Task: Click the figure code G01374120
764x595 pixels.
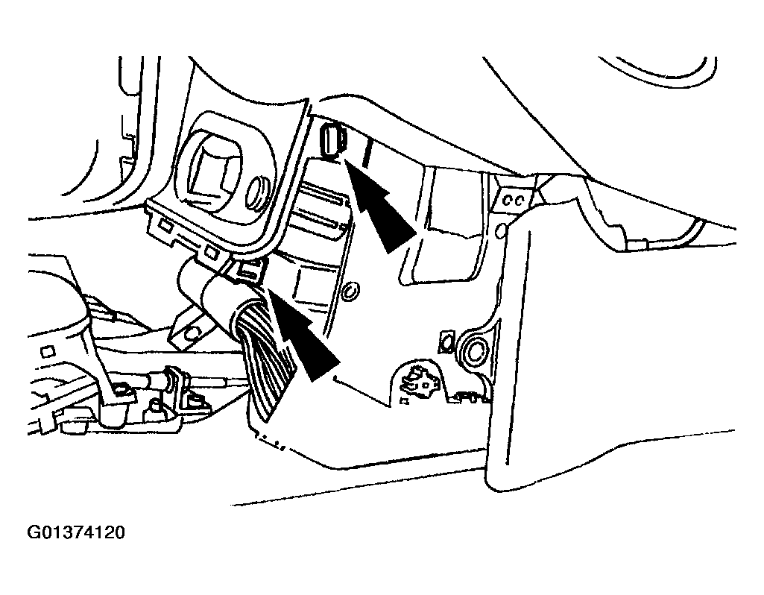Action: [76, 532]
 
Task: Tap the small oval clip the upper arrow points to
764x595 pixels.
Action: [333, 141]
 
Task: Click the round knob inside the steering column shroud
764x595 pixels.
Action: [258, 193]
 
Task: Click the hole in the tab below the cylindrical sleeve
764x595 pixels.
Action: [193, 333]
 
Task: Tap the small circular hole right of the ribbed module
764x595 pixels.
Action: [350, 292]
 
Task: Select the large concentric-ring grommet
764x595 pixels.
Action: [474, 351]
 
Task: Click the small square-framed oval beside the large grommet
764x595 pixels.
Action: [446, 341]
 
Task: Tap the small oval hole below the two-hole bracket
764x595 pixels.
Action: [501, 230]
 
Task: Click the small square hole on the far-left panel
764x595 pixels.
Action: [48, 352]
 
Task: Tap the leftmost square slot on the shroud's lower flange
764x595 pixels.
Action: [165, 225]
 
